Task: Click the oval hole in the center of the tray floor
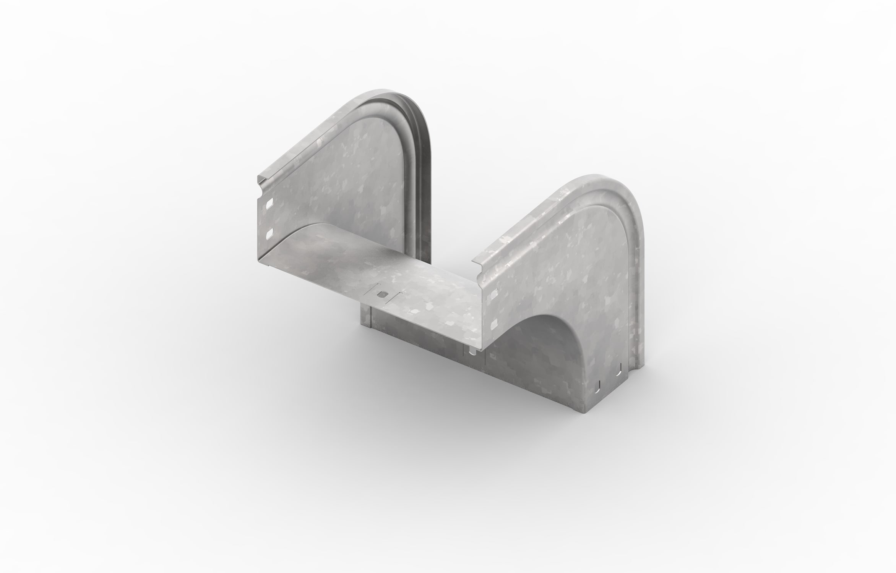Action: pos(381,295)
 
